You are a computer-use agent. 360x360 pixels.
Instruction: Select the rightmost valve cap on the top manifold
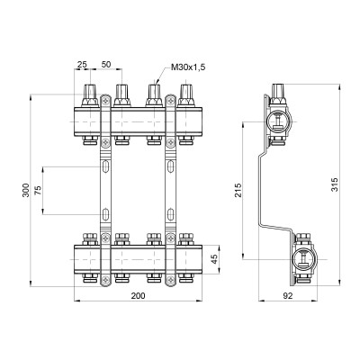point(186,92)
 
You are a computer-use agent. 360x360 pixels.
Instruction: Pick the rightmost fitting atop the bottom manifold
point(186,239)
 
